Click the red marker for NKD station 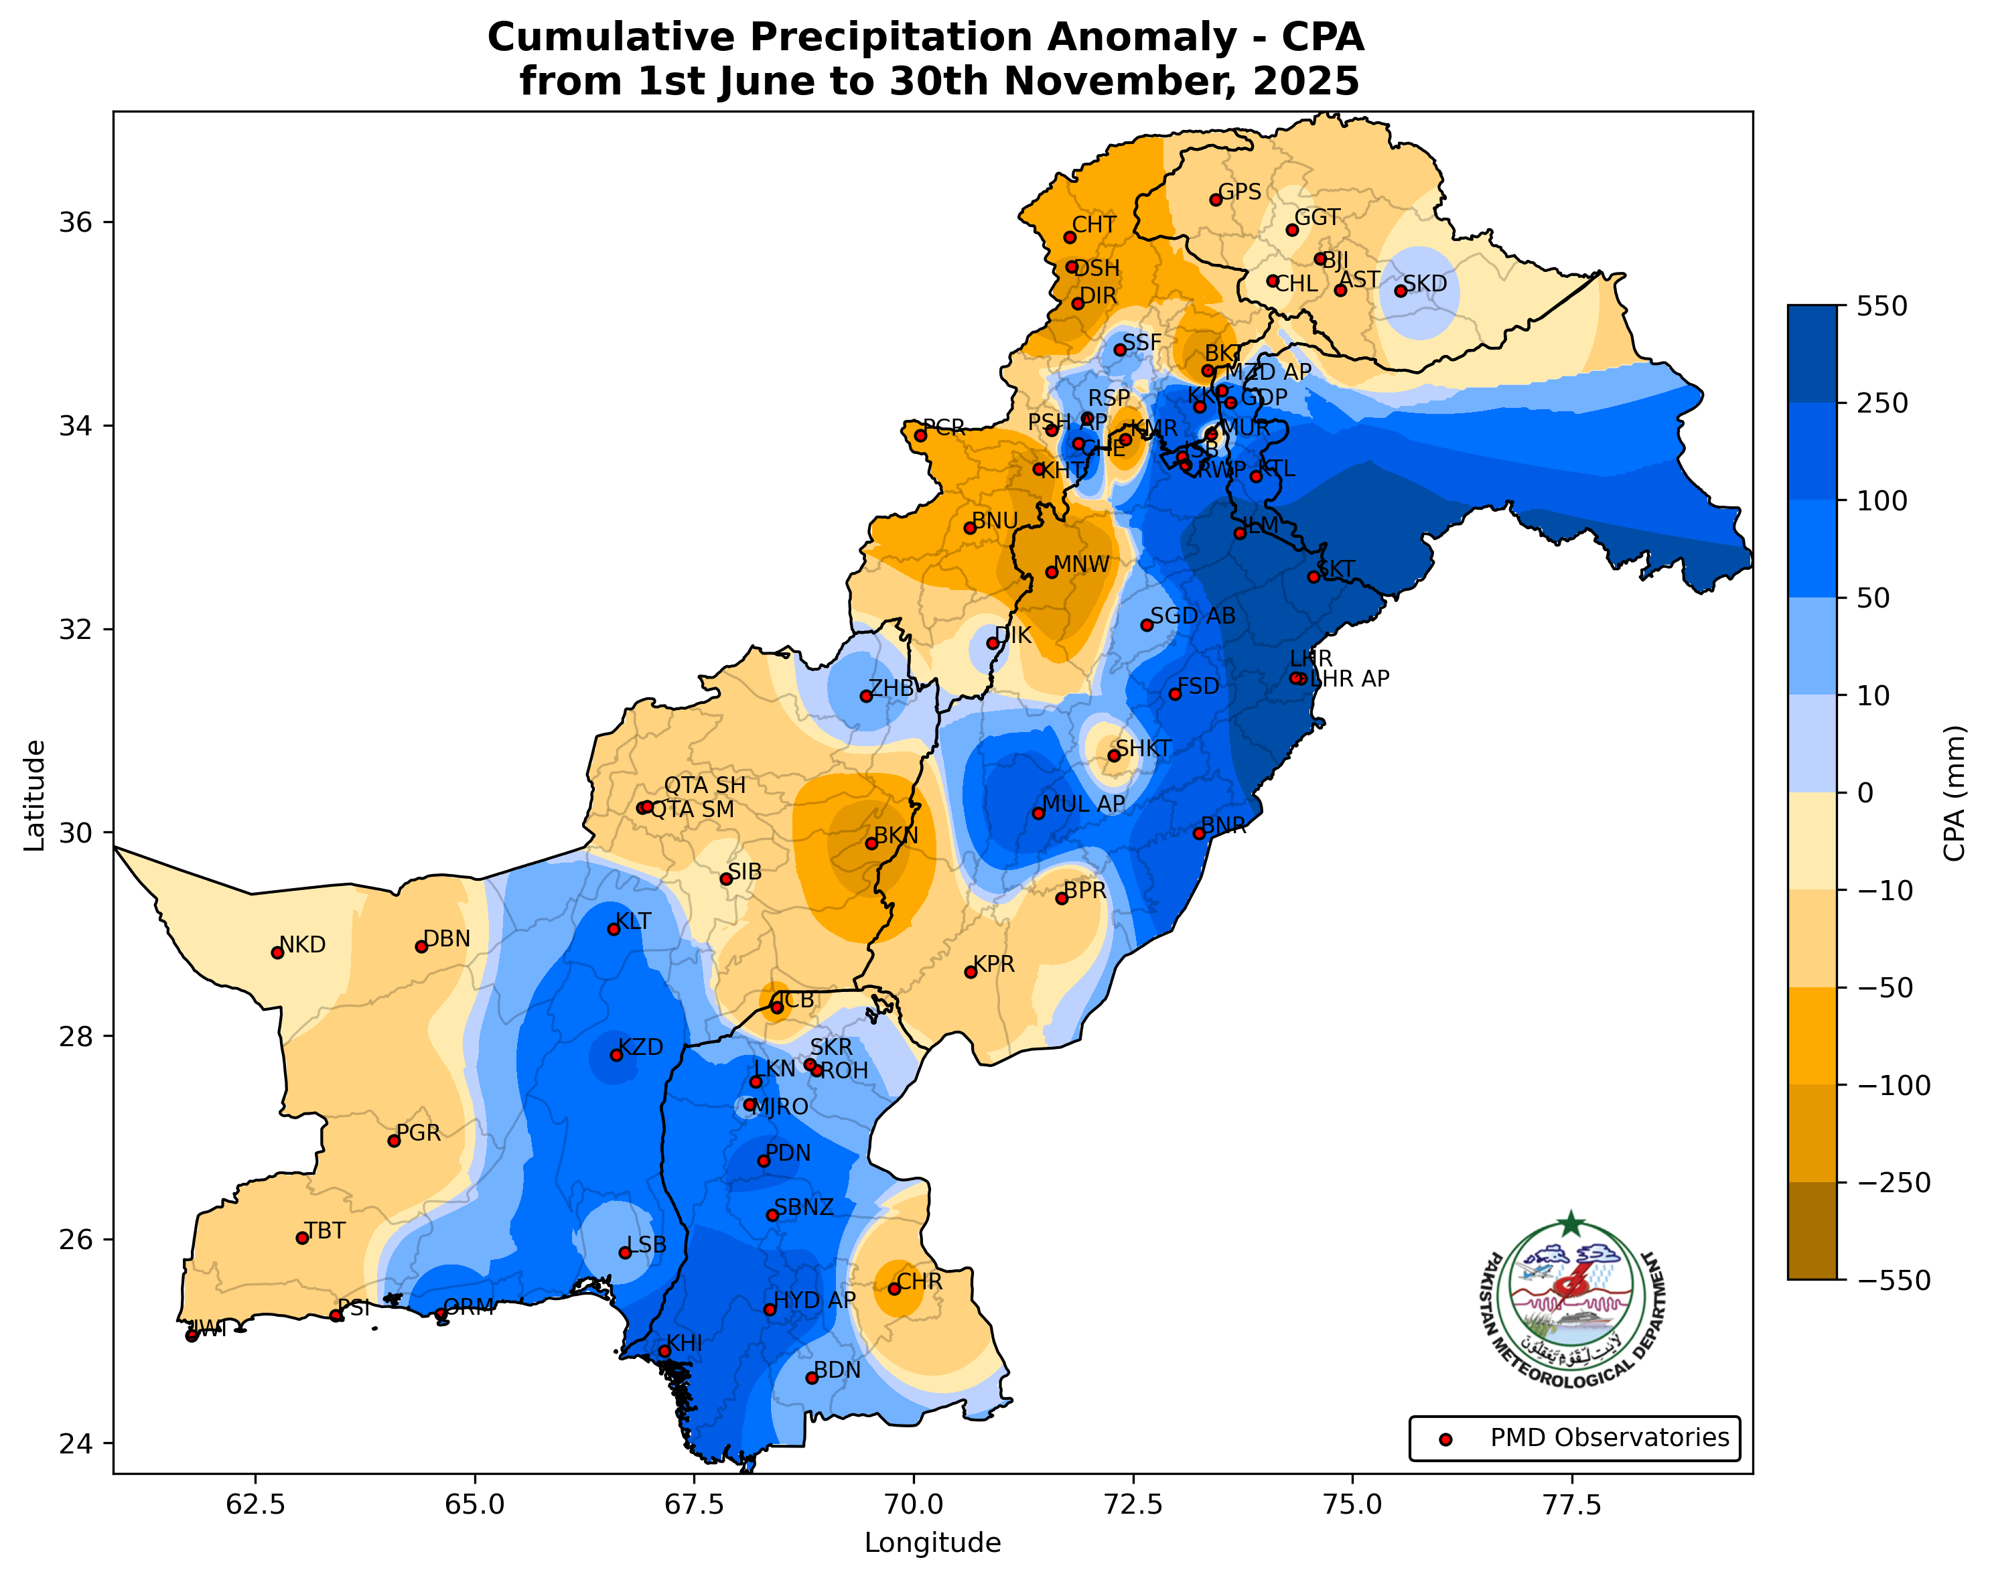pos(277,952)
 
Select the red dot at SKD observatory pos(1400,291)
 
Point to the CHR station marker pos(894,1288)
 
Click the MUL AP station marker pos(1038,813)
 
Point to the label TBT pos(325,1231)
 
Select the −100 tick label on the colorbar pos(1894,1085)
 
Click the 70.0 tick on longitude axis pos(914,1504)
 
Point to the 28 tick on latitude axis pos(73,1036)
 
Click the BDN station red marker pos(811,1378)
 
